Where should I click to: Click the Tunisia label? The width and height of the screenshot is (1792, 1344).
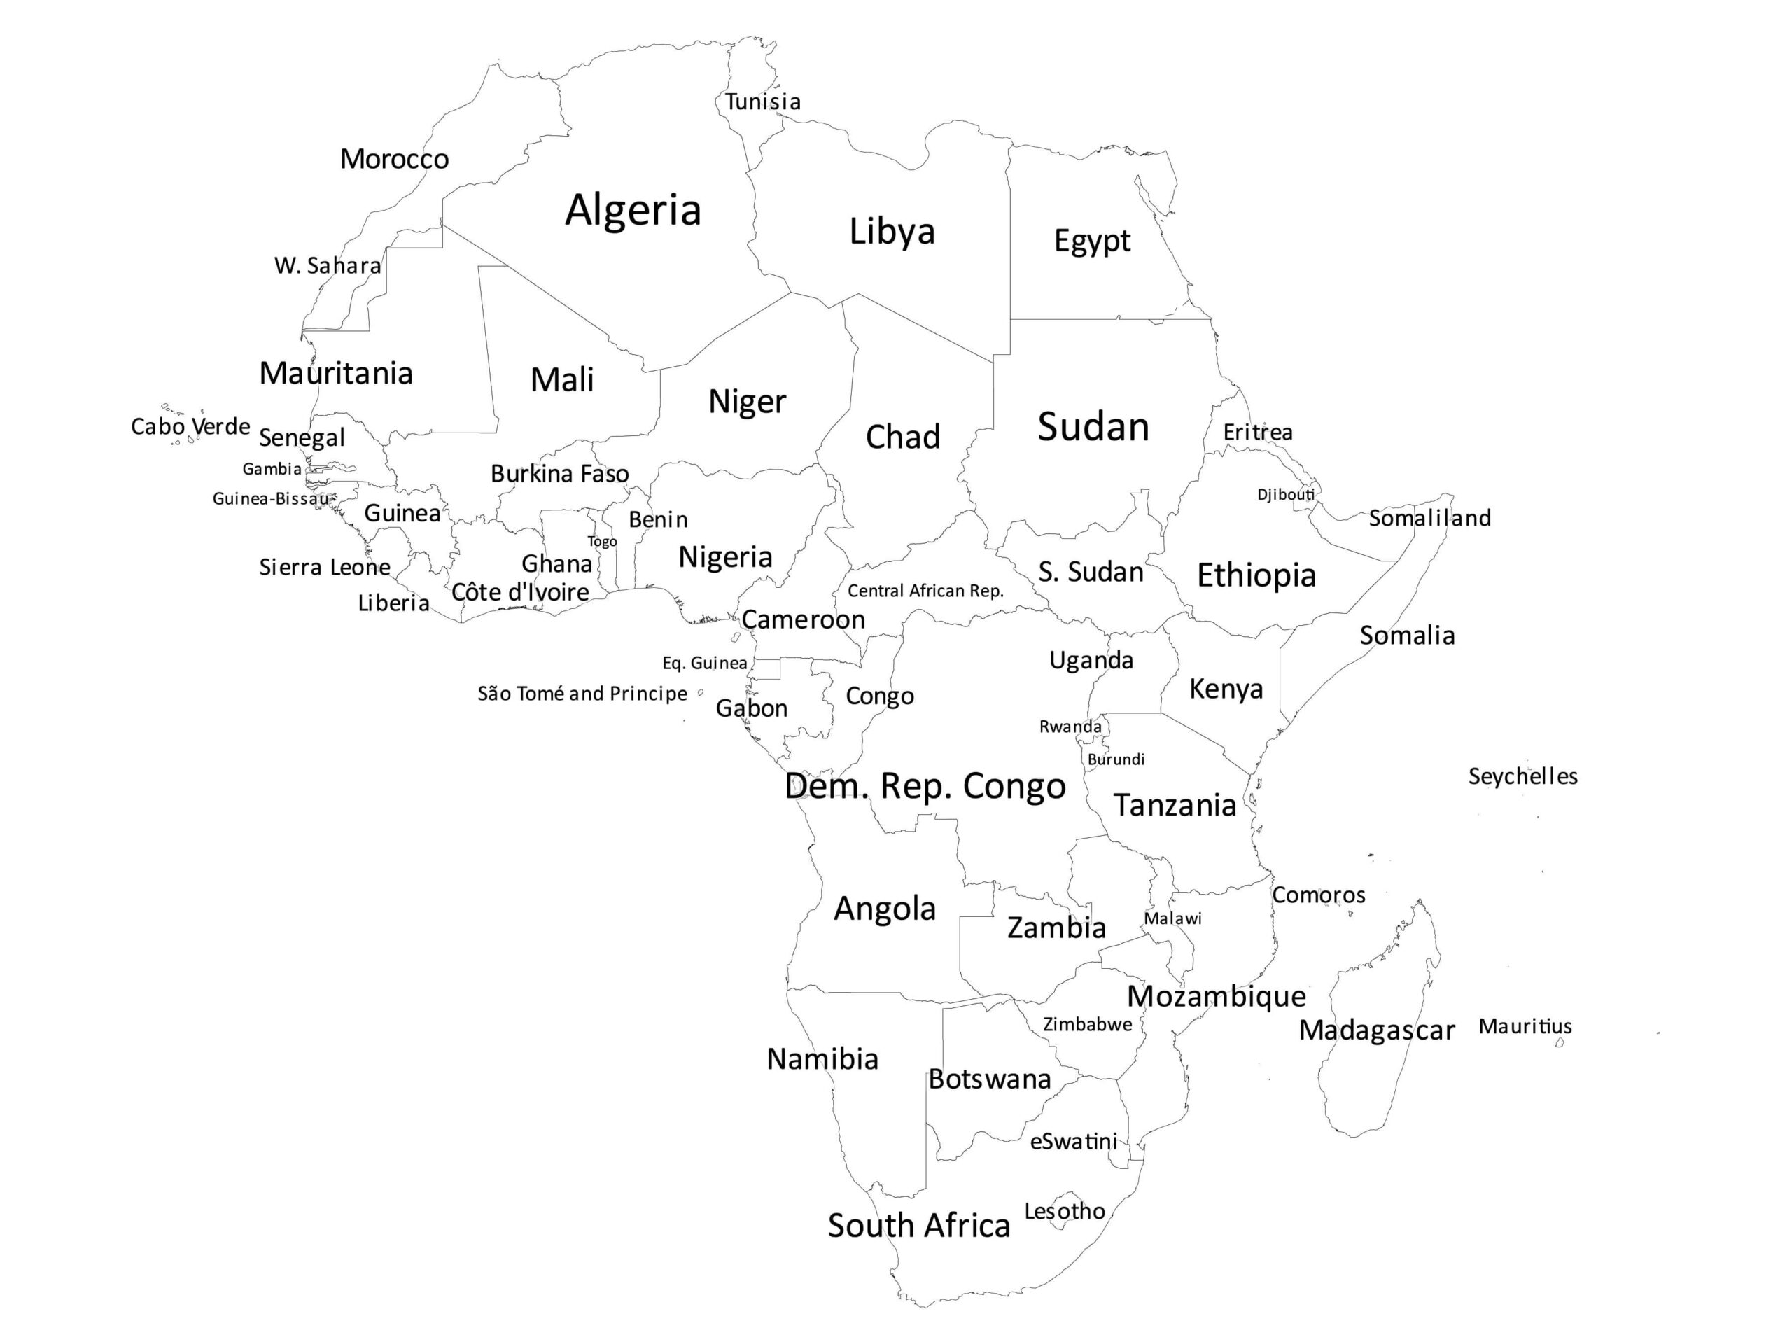(762, 102)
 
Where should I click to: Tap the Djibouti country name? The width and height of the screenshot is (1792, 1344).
(1286, 494)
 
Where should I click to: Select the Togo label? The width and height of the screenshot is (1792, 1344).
(602, 541)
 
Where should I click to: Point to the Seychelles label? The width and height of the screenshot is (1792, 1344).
(1523, 776)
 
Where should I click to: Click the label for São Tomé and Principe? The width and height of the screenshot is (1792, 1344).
(582, 694)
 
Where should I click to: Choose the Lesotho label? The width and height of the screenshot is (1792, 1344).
(1065, 1211)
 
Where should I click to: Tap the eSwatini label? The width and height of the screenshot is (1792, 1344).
(1073, 1142)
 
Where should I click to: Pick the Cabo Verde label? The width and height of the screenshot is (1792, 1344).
(190, 426)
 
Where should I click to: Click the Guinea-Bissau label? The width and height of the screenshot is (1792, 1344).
(271, 498)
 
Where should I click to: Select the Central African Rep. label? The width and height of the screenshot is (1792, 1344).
(925, 591)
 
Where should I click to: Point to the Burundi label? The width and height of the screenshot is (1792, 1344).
(1116, 759)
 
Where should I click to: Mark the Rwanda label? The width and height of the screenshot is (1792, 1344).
(1070, 727)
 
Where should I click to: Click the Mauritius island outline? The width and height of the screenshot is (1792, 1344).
(1560, 1042)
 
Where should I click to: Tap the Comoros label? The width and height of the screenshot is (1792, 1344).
(1318, 895)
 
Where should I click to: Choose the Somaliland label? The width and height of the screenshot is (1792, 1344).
(1429, 518)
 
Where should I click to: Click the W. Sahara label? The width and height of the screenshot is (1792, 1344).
(328, 266)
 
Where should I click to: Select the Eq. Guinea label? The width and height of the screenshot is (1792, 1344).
(704, 663)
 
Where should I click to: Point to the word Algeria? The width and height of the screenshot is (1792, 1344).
(633, 210)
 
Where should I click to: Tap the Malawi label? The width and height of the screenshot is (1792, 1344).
(1172, 918)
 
